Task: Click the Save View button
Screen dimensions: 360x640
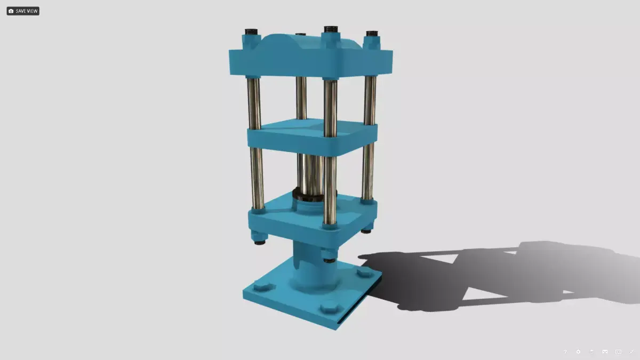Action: coord(23,11)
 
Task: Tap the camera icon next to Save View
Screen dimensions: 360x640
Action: coord(11,11)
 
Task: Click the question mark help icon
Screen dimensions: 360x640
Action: coord(565,352)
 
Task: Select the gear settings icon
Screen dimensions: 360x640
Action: coord(578,352)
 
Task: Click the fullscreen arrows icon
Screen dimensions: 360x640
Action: coord(631,352)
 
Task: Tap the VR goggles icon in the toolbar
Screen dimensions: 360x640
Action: coord(605,352)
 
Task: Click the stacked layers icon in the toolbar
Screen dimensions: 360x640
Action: coord(591,352)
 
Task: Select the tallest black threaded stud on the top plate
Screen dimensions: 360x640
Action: coord(331,30)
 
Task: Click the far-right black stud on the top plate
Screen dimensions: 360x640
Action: coord(372,35)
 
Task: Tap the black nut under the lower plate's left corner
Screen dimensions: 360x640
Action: coord(260,241)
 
